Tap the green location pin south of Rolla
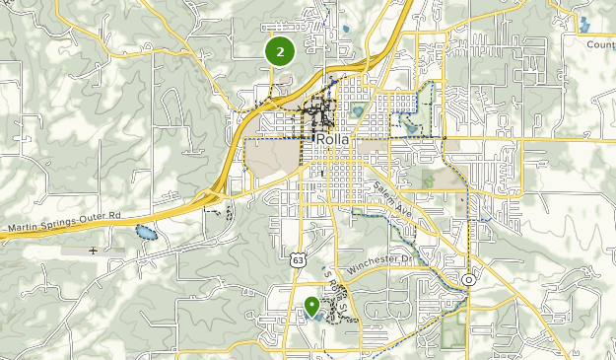[x=311, y=307]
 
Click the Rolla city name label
[x=334, y=140]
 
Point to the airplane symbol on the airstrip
[x=93, y=251]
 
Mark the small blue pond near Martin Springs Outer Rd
[x=146, y=234]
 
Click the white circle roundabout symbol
[x=469, y=280]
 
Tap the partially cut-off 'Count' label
[x=599, y=44]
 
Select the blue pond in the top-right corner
[x=584, y=23]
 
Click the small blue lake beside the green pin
[x=316, y=316]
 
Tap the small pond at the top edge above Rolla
[x=347, y=30]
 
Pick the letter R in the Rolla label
[x=321, y=140]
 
